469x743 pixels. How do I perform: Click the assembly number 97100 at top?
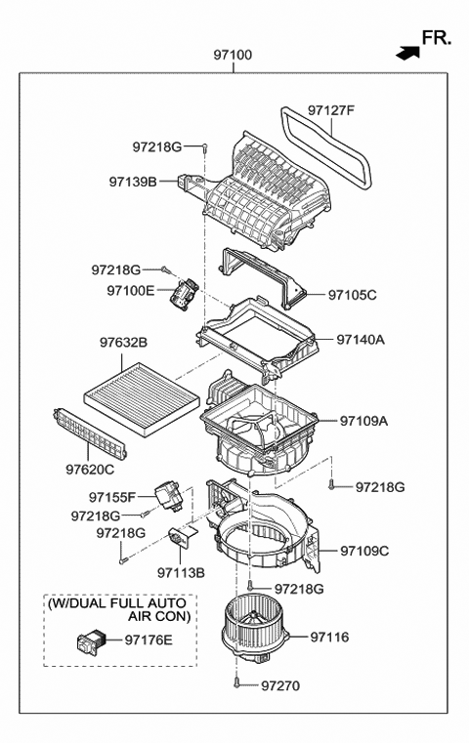[x=234, y=56]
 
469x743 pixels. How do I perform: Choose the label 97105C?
[x=352, y=294]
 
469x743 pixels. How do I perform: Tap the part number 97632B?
[x=123, y=343]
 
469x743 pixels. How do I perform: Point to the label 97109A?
[x=363, y=421]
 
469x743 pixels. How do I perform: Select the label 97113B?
[x=181, y=572]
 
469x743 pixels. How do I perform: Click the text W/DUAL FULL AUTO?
[x=118, y=604]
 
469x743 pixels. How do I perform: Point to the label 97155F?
[x=116, y=497]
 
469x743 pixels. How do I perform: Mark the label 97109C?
[x=364, y=552]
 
